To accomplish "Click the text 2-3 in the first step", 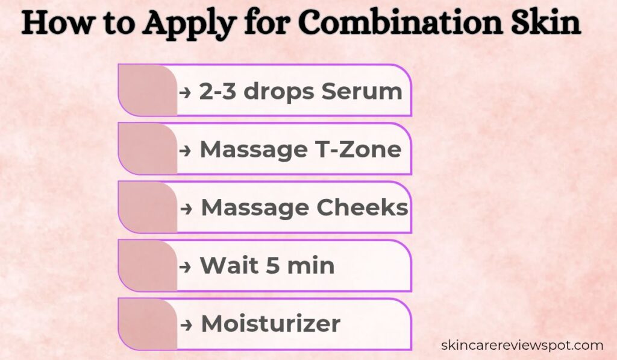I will click(x=214, y=92).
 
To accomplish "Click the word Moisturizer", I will click(x=271, y=324).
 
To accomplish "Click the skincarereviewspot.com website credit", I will click(x=522, y=346).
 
